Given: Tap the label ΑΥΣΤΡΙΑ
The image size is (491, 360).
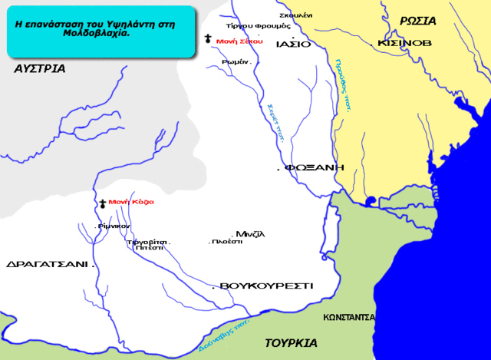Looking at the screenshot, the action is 39,69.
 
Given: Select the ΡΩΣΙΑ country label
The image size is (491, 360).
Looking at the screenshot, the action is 418,21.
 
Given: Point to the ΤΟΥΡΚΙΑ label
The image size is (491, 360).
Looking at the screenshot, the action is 292,342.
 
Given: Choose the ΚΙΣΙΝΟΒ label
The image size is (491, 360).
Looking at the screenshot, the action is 404,44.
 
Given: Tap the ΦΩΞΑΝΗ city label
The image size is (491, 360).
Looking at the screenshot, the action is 314,167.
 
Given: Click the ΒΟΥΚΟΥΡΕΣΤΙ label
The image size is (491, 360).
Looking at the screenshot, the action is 266,286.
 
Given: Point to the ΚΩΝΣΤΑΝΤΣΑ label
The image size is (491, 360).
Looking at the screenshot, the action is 348,316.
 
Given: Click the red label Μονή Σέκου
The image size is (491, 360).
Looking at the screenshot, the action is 239,41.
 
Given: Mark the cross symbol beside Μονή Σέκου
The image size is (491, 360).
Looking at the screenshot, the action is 208,38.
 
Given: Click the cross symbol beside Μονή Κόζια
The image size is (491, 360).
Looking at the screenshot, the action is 102,203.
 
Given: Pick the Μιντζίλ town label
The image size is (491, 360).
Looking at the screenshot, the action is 250,233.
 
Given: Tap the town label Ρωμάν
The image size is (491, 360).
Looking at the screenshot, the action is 234,62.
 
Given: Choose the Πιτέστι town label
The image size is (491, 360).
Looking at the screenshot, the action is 148,249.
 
